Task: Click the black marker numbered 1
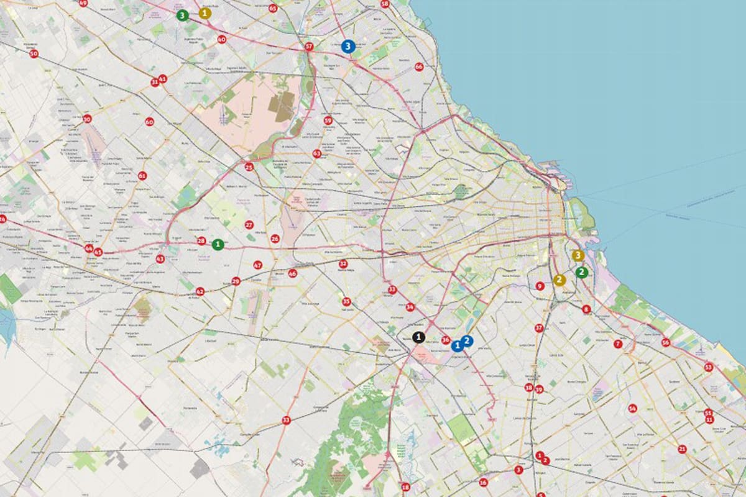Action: tap(419, 337)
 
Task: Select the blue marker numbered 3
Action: tap(348, 46)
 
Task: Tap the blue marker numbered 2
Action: tap(467, 340)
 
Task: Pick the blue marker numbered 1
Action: tap(458, 345)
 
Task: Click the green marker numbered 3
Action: tap(182, 16)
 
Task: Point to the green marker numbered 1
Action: tap(218, 245)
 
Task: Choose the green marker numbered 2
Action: tap(581, 272)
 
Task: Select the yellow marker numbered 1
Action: tap(205, 12)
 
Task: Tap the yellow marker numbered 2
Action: tap(559, 280)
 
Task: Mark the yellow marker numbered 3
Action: tap(578, 255)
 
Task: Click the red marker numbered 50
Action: tap(34, 54)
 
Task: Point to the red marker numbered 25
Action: tap(249, 166)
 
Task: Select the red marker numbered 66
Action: tap(419, 66)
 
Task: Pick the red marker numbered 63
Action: tap(317, 153)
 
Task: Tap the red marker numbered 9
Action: tap(540, 286)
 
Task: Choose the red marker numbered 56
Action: tap(666, 342)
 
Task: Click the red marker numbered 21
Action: tap(682, 449)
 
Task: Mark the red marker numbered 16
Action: tap(483, 482)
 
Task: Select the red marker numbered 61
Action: tap(142, 176)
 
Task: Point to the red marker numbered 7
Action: tap(618, 344)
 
